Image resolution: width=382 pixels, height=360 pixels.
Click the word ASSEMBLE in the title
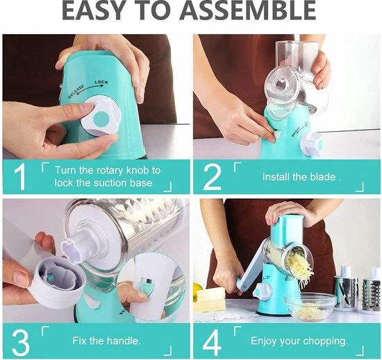click(248, 10)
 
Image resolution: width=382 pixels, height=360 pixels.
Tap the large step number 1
click(20, 177)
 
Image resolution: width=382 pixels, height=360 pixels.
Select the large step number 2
click(213, 177)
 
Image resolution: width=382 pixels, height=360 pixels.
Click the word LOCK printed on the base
click(101, 83)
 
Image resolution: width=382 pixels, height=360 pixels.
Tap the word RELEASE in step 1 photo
click(76, 92)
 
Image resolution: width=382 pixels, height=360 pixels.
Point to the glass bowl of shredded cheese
click(311, 305)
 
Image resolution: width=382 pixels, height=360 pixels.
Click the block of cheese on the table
click(210, 299)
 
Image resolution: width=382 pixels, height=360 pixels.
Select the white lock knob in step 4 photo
click(262, 291)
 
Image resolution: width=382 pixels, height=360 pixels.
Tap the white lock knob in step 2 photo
click(312, 144)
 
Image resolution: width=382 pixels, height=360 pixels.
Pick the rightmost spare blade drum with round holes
click(371, 294)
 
